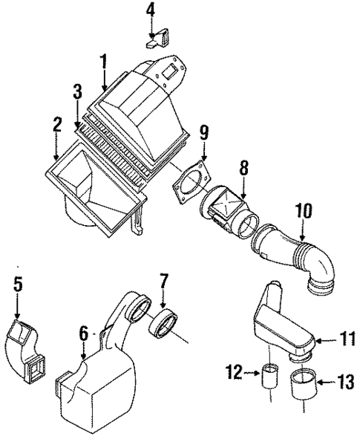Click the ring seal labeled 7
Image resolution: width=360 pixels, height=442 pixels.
point(164,325)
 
